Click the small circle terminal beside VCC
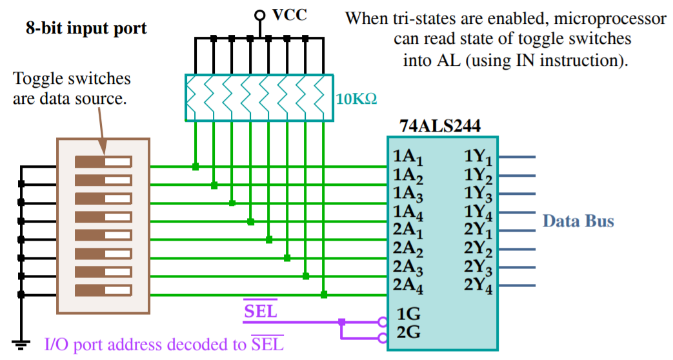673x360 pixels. (259, 15)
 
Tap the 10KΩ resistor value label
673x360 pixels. (356, 100)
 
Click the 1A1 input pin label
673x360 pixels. (407, 158)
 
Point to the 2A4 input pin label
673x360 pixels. (407, 285)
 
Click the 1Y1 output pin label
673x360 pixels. (478, 158)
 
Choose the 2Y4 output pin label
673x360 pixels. (478, 285)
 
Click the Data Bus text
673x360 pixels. (578, 221)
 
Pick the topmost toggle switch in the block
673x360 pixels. (103, 161)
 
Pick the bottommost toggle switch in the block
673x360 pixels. (103, 290)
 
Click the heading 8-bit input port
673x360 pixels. (86, 28)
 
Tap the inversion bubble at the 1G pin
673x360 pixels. (383, 321)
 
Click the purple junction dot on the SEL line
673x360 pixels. (341, 321)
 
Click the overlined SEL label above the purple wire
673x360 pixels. (260, 311)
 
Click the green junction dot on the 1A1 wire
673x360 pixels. (195, 167)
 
